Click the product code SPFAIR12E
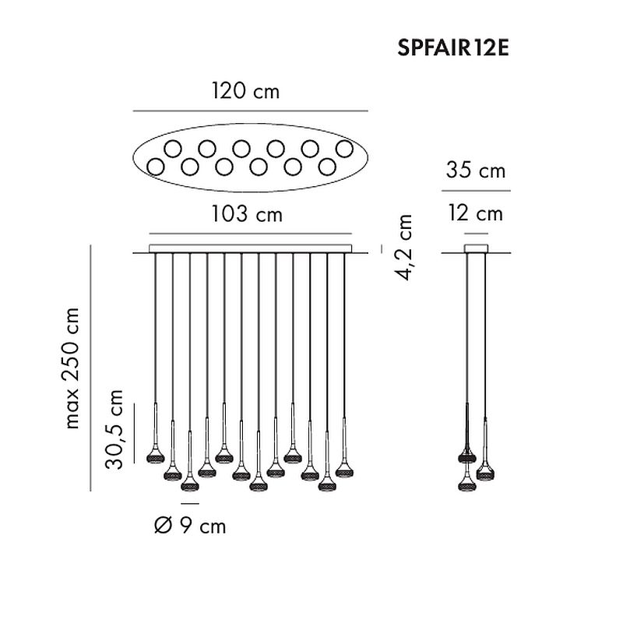point(453,48)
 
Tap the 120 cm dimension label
point(245,91)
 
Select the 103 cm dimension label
point(246,214)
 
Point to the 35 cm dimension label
point(476,170)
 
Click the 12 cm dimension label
point(476,213)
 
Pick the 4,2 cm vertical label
point(403,247)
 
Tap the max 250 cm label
point(72,368)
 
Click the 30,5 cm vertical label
point(114,430)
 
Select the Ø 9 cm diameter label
point(190,526)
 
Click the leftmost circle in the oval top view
point(155,167)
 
